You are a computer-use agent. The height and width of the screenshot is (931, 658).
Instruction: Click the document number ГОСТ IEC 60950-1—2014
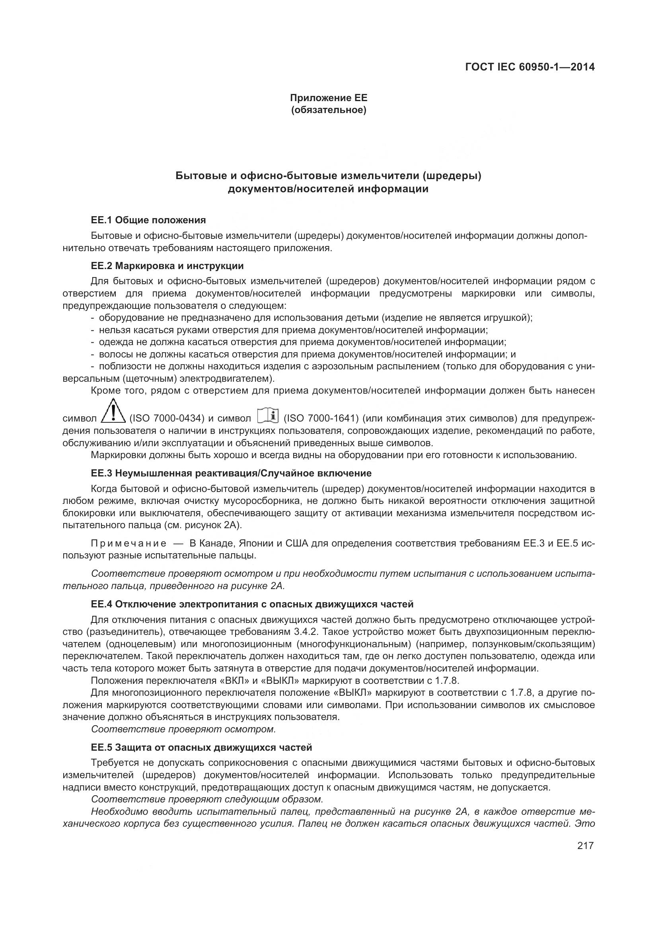[530, 67]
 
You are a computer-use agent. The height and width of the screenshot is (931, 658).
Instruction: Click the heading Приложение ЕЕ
[328, 98]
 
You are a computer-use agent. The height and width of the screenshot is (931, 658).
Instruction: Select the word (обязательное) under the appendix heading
[328, 110]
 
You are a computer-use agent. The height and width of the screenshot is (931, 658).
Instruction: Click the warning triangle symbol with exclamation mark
[113, 412]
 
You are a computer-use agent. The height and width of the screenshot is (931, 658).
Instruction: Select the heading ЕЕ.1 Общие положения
[148, 220]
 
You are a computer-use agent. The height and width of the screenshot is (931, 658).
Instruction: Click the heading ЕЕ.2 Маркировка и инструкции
[167, 266]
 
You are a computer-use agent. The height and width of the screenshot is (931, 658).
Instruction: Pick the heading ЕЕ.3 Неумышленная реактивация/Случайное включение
[232, 473]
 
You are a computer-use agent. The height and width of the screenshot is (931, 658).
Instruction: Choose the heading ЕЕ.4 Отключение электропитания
[252, 604]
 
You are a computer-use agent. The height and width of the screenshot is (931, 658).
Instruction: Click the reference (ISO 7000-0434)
[167, 418]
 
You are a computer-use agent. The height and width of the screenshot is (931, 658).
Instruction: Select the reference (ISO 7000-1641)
[321, 418]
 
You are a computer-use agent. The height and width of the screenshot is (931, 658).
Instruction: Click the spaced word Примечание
[128, 543]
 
